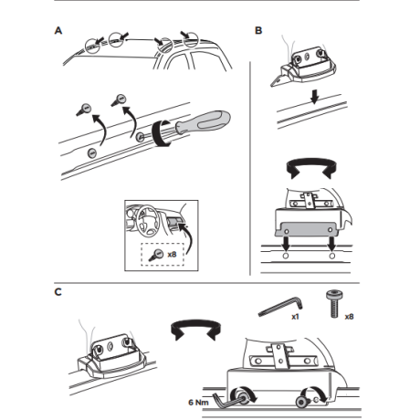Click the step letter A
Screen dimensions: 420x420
click(58, 30)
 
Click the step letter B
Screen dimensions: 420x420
click(258, 30)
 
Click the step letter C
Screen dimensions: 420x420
click(58, 292)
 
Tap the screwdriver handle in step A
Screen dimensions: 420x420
click(210, 121)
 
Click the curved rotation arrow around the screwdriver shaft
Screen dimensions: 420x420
click(161, 134)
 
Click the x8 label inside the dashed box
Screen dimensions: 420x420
click(172, 254)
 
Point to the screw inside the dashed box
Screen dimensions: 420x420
click(156, 255)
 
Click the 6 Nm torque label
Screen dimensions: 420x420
click(198, 403)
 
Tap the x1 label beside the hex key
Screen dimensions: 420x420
click(295, 317)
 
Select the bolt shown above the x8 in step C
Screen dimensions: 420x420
click(334, 304)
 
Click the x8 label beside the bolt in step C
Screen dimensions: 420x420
click(349, 317)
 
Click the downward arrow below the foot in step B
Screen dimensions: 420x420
click(315, 97)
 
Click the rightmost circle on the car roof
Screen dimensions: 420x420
click(190, 39)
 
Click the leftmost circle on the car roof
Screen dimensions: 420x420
click(92, 47)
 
